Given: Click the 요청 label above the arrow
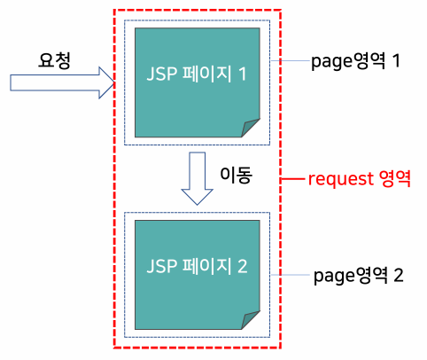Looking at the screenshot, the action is click(x=54, y=61).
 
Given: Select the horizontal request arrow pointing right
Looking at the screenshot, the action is click(x=62, y=82).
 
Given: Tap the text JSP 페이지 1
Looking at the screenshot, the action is click(x=197, y=74).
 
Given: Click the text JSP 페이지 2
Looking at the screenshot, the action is click(x=197, y=266).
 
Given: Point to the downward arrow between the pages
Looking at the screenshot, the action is click(x=197, y=178).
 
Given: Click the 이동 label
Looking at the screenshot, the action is click(x=237, y=175).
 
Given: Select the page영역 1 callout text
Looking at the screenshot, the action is click(x=355, y=61).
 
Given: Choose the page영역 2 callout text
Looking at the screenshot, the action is click(x=358, y=276).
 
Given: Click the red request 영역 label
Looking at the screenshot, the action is click(x=360, y=178).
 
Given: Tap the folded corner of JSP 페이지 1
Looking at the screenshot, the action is click(x=250, y=128).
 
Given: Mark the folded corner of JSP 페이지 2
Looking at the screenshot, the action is click(x=250, y=320).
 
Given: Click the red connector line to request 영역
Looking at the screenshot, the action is click(x=292, y=178).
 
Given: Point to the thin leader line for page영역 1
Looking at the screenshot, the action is click(x=291, y=61).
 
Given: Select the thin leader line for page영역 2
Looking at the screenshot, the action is click(x=291, y=275).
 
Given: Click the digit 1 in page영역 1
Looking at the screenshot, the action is click(x=396, y=60).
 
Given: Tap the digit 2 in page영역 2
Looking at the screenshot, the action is click(x=399, y=275).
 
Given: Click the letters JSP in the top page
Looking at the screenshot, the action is click(x=161, y=74).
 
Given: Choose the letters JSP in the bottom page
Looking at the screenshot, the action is click(x=161, y=266).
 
